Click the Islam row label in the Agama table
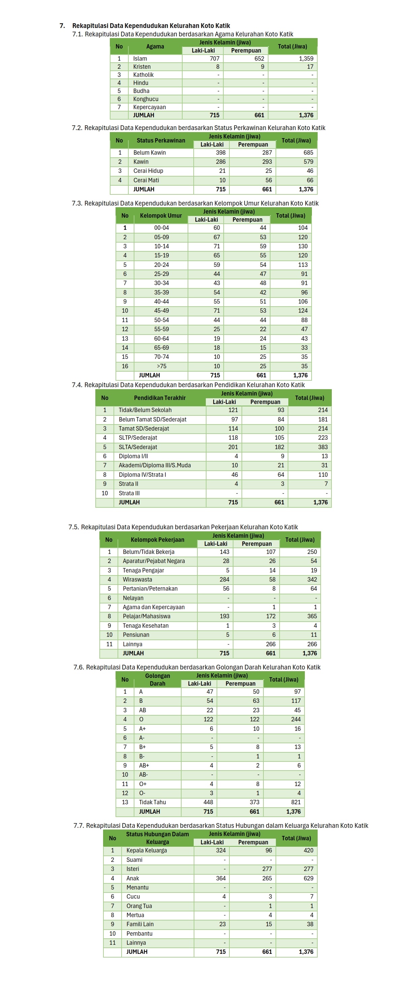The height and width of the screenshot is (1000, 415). [x=140, y=59]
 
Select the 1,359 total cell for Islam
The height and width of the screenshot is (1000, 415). [x=306, y=59]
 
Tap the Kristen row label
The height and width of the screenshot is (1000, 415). [x=142, y=67]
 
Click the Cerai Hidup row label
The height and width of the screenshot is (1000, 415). [x=148, y=171]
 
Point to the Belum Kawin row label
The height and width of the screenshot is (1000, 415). [x=150, y=153]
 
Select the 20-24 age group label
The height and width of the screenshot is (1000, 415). [x=161, y=265]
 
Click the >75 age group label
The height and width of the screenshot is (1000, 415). [x=161, y=366]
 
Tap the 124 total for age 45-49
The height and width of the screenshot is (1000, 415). [x=303, y=311]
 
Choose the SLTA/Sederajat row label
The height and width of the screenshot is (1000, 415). [x=138, y=447]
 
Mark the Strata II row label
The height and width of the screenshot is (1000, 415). [x=128, y=484]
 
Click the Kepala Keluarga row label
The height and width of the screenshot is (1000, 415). [x=146, y=850]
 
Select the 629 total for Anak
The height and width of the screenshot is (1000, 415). [x=308, y=878]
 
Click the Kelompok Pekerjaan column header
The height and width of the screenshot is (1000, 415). [x=157, y=540]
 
